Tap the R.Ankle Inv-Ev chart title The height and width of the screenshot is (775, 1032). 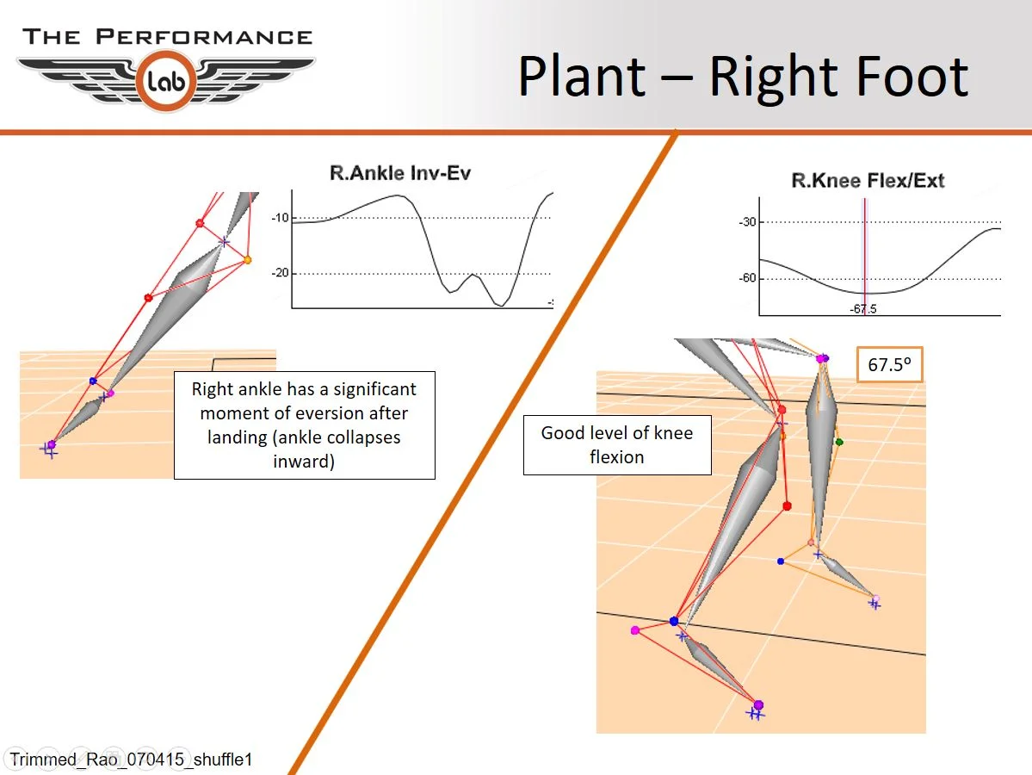(x=400, y=173)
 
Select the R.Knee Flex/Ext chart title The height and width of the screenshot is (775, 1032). (x=868, y=181)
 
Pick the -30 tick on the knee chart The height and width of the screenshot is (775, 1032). (x=747, y=222)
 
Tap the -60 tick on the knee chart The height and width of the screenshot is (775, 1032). (x=747, y=279)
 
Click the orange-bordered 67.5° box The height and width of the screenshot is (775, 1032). (x=890, y=365)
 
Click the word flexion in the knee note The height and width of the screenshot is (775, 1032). (x=616, y=456)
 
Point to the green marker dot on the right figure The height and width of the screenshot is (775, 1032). (x=839, y=442)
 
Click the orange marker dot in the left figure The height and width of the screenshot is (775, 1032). (x=247, y=259)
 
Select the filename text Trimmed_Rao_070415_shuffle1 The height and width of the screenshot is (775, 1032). (x=131, y=760)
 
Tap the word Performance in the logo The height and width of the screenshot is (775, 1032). (x=203, y=37)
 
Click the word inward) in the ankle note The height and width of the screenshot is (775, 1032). (x=304, y=461)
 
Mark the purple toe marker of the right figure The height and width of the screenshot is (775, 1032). (x=758, y=705)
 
